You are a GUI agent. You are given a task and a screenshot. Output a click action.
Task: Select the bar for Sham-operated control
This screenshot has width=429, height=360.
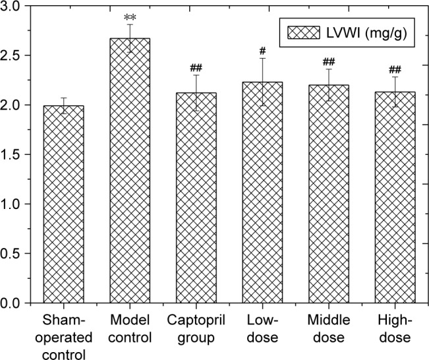63,204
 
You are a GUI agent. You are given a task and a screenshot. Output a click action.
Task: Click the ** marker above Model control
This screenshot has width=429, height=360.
129,15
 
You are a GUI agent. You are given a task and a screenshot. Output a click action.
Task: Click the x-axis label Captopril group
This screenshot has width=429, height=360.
196,329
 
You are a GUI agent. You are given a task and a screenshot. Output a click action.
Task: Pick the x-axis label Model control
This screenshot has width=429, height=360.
129,329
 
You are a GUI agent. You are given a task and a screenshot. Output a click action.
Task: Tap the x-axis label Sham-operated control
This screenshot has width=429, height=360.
63,336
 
